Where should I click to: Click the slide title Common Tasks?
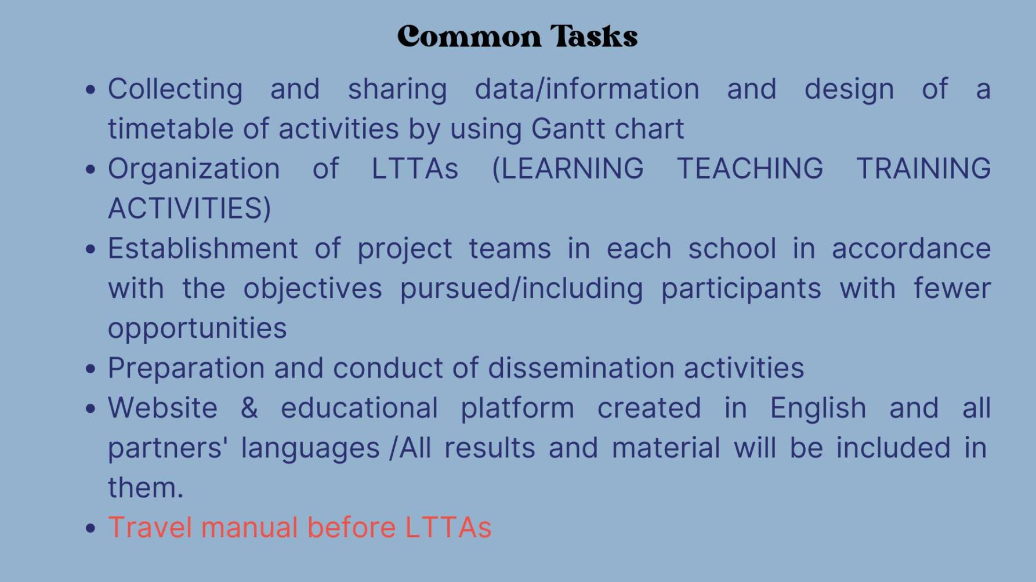[x=517, y=36]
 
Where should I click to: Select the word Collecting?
[x=175, y=90]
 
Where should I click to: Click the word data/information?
[x=587, y=89]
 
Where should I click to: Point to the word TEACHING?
[x=750, y=169]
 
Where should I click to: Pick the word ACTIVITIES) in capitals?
[x=190, y=209]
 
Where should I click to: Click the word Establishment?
[x=203, y=249]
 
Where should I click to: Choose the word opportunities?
[x=197, y=329]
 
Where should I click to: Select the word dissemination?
[x=581, y=368]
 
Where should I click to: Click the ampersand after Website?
[x=249, y=408]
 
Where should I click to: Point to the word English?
[x=818, y=408]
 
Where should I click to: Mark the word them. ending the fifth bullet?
[x=146, y=488]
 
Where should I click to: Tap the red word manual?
[x=249, y=528]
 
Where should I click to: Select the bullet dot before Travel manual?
[x=90, y=529]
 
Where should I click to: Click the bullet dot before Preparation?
[x=90, y=369]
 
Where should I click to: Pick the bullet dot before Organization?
[x=90, y=169]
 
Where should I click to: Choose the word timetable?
[x=171, y=129]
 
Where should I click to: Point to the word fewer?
[x=952, y=289]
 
